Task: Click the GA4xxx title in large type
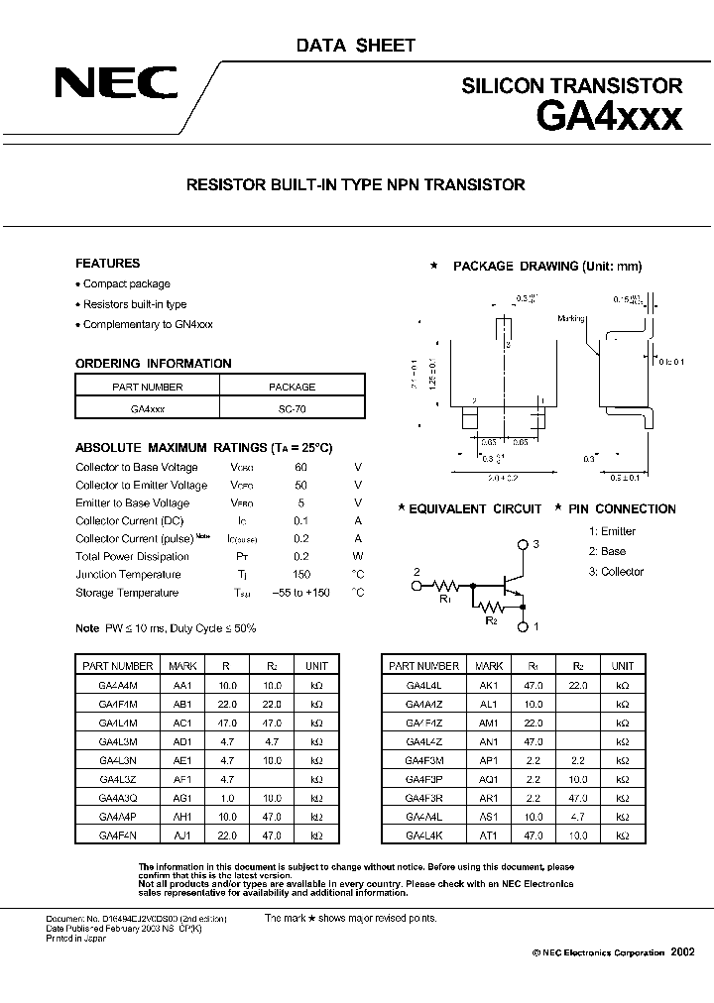click(x=609, y=118)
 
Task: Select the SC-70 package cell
click(x=292, y=407)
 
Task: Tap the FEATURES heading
click(x=108, y=264)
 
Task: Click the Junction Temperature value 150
click(x=301, y=575)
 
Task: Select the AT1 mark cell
click(x=488, y=836)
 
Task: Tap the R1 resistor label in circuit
click(x=445, y=601)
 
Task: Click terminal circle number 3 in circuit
click(x=523, y=545)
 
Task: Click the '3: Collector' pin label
click(x=616, y=572)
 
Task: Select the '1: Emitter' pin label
click(x=612, y=531)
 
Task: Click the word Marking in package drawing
click(x=571, y=318)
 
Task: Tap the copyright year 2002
click(x=683, y=951)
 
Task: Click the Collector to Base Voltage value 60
click(x=301, y=468)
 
